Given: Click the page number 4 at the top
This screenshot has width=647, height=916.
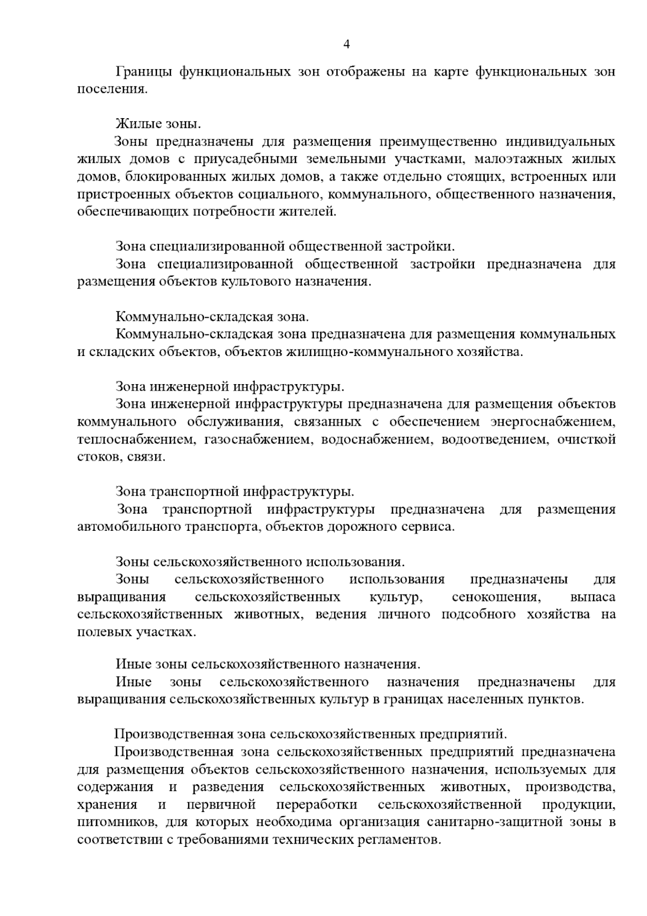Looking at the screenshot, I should coord(347,45).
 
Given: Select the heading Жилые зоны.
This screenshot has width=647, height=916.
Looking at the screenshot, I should coord(158,125).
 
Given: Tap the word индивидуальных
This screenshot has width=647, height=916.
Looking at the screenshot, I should coord(560,142).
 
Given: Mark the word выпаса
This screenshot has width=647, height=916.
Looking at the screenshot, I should coord(592,598).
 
